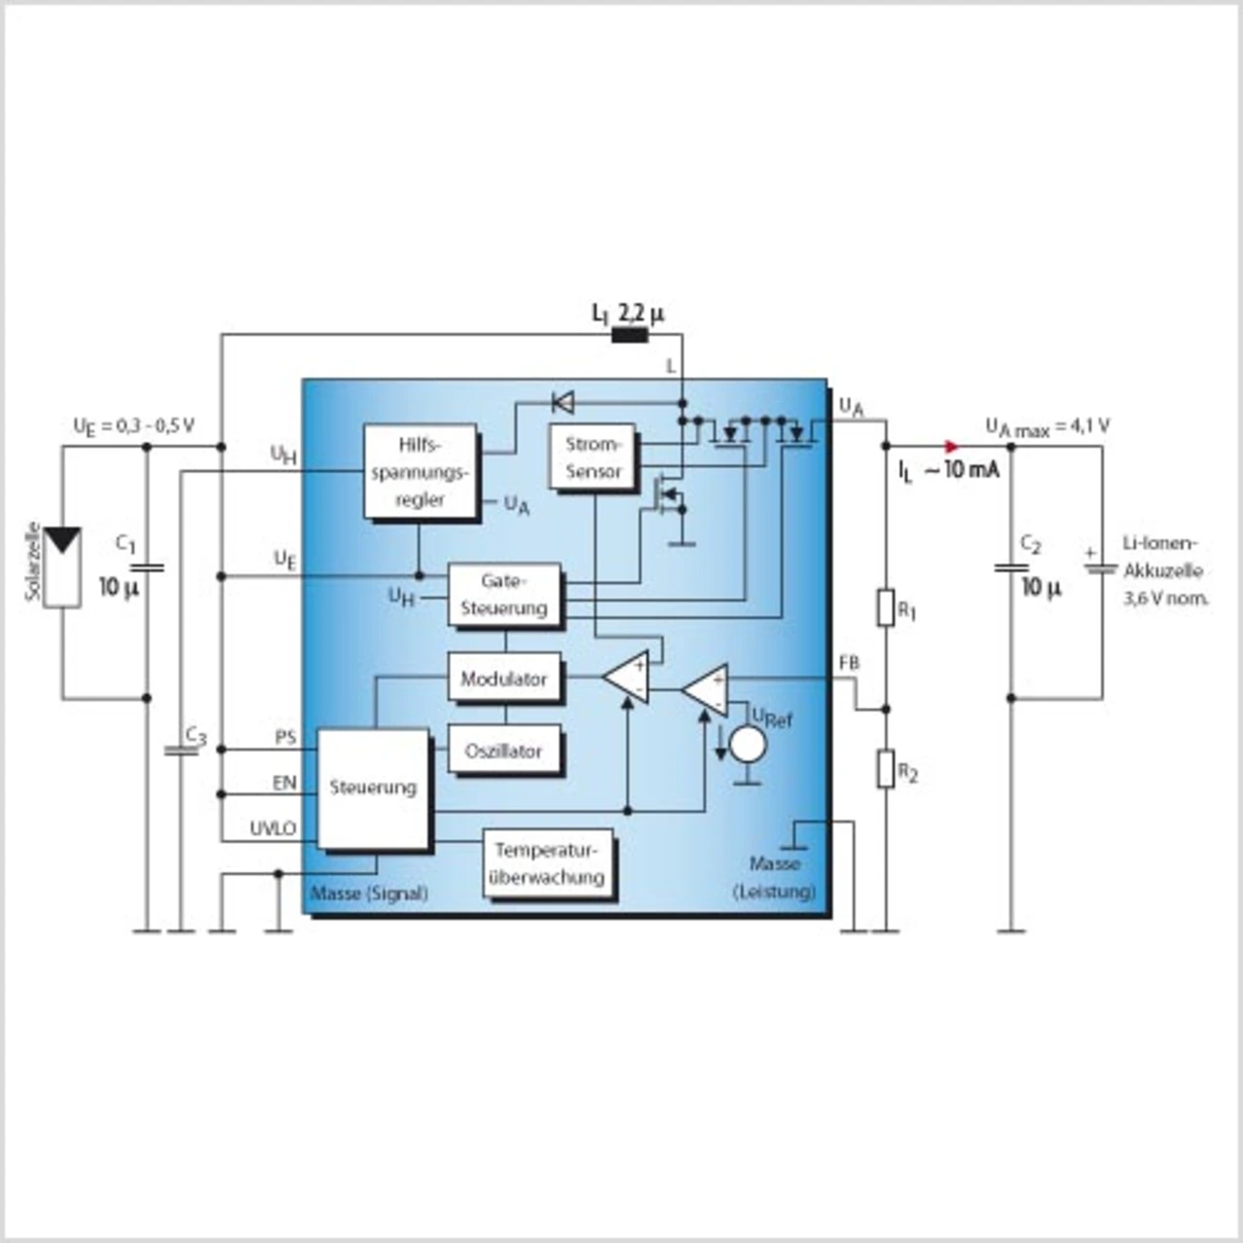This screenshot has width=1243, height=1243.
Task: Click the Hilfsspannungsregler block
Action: point(420,471)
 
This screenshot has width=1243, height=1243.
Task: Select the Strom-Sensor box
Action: point(592,456)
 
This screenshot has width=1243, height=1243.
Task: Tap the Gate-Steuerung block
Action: point(504,594)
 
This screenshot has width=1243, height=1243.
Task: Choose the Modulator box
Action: point(504,677)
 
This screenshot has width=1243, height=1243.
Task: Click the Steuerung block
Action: point(373,789)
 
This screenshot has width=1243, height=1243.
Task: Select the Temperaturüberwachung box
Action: point(548,863)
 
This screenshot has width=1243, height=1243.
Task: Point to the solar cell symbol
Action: point(63,567)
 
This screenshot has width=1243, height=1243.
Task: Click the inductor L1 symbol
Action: point(629,335)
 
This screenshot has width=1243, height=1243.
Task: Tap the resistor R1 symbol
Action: point(886,607)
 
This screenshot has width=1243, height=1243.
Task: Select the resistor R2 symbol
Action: point(886,768)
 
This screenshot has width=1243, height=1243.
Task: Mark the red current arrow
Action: point(952,446)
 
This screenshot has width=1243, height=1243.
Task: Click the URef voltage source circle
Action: point(748,745)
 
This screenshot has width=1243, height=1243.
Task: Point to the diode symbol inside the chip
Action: point(563,403)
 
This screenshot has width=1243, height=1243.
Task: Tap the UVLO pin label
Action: point(273,829)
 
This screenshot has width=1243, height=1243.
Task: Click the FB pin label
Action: point(849,663)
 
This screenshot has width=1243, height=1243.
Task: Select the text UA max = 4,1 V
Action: point(1048,426)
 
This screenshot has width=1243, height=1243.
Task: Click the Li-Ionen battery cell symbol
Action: point(1100,569)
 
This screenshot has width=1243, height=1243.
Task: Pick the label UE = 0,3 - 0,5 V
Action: point(134,425)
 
